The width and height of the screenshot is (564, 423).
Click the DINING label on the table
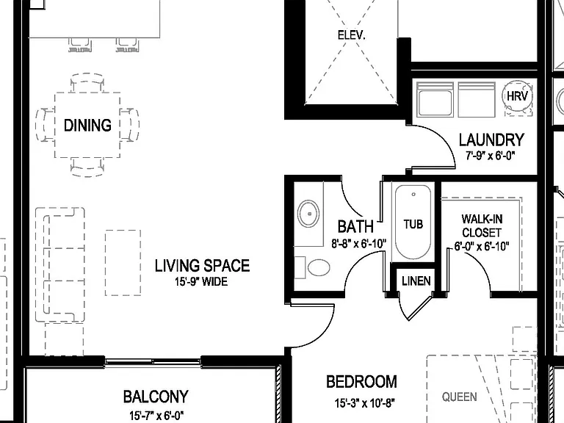[87, 125]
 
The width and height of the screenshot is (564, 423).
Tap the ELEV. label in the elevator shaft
[352, 35]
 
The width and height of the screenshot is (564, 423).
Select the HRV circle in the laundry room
[517, 96]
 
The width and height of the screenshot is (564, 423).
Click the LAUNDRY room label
[491, 140]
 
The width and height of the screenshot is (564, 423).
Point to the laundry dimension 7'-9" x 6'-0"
[491, 156]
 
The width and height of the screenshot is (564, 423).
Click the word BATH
[355, 227]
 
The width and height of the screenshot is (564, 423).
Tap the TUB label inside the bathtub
[413, 225]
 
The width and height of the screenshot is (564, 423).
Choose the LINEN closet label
[416, 281]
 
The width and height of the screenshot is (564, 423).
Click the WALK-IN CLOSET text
[482, 226]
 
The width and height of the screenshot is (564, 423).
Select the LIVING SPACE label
[202, 265]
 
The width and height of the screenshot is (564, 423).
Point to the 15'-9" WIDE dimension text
[201, 282]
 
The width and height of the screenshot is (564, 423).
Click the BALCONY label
[156, 397]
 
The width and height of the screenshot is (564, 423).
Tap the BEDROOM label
[361, 382]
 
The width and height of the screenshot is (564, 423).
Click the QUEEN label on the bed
[459, 397]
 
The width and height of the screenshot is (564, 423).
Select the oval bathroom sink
[308, 214]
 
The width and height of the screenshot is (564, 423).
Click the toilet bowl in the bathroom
[319, 267]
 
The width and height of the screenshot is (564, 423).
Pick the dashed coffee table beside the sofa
[123, 263]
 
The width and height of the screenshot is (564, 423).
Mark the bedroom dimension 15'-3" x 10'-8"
[362, 403]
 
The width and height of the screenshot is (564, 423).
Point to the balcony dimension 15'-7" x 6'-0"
[156, 416]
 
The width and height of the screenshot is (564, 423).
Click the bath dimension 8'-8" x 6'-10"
[358, 244]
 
